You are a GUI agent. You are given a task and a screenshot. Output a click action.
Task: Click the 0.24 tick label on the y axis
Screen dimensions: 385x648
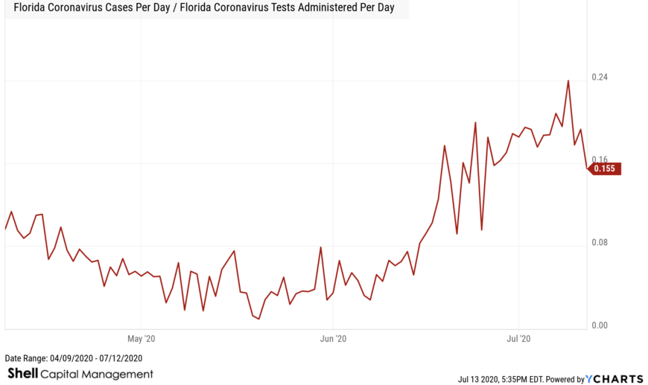pos(599,77)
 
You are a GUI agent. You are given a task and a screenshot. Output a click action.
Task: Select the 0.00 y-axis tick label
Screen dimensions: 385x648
pos(599,325)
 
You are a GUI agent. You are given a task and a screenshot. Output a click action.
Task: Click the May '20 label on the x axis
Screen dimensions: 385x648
pos(141,339)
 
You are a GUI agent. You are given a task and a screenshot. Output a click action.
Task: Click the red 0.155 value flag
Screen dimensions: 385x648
pos(607,168)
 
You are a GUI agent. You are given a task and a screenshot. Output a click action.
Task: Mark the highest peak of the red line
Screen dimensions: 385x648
pos(568,80)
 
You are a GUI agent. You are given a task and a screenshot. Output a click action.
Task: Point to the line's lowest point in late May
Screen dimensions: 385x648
pos(259,319)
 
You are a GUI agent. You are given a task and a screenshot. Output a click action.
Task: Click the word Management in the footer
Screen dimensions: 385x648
pos(121,374)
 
